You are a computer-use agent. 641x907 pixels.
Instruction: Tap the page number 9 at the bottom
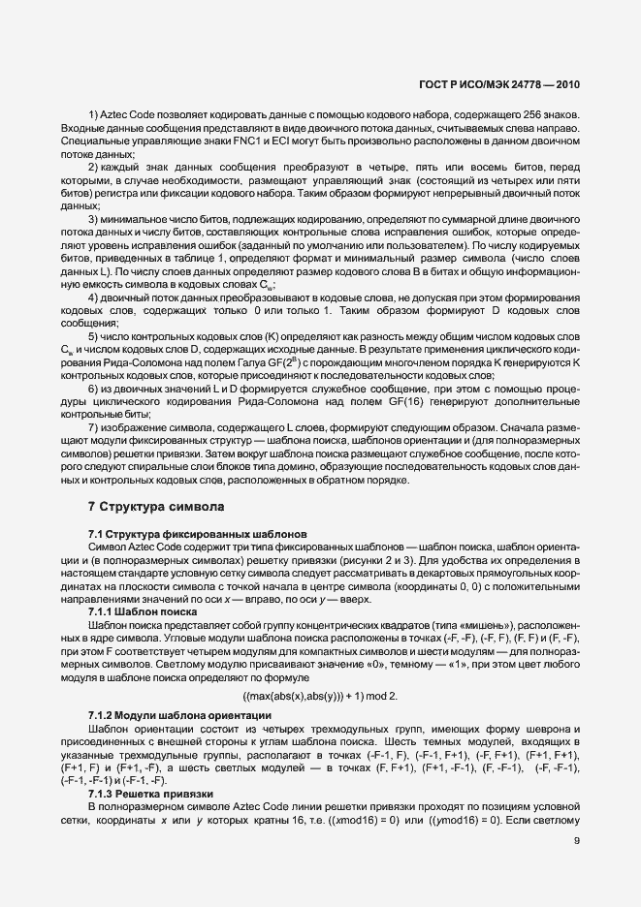tap(577, 840)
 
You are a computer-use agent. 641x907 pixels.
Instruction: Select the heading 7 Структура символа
tap(156, 506)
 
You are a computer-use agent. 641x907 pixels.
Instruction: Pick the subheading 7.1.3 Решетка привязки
tap(146, 793)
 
